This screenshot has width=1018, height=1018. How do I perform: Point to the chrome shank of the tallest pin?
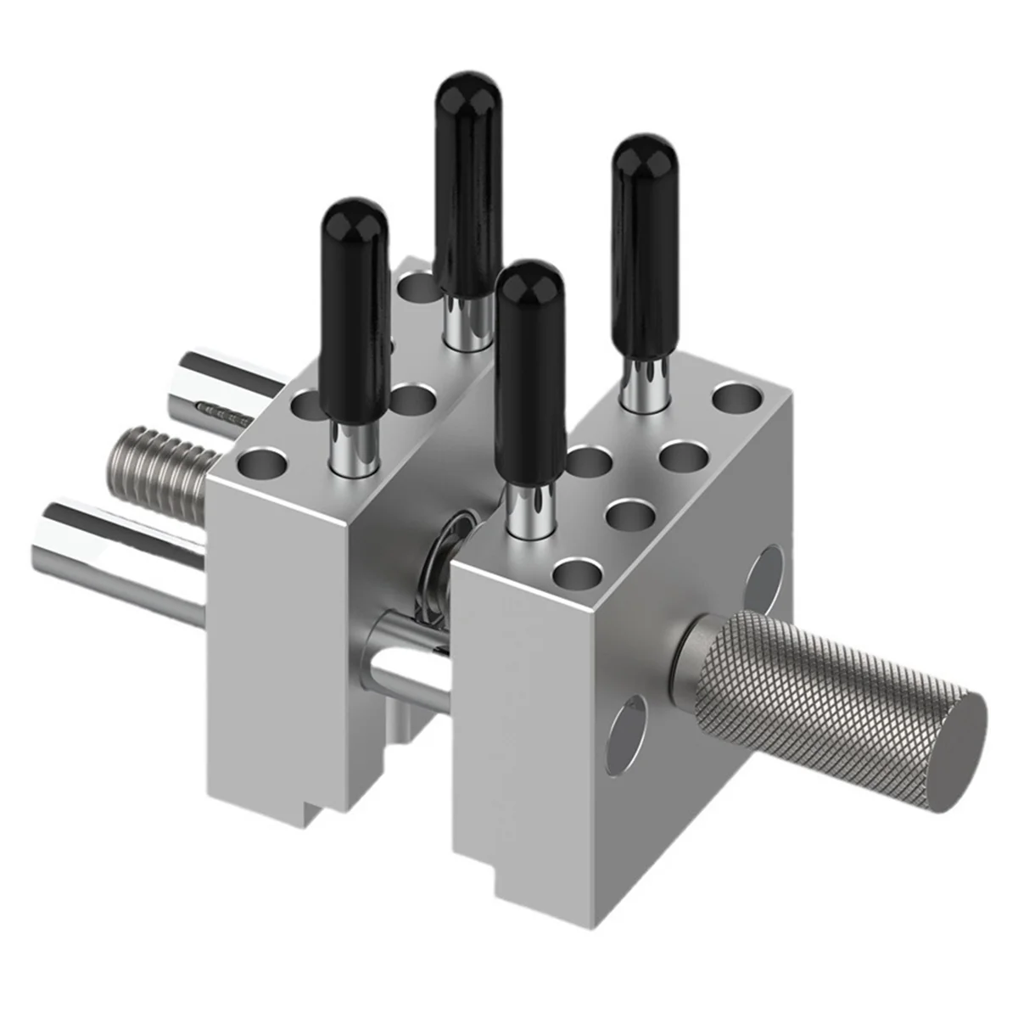tap(466, 322)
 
